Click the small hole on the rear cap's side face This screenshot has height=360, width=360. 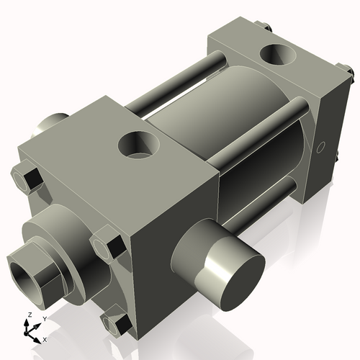pyautogui.click(x=322, y=149)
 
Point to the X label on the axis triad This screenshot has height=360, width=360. pyautogui.click(x=45, y=338)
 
